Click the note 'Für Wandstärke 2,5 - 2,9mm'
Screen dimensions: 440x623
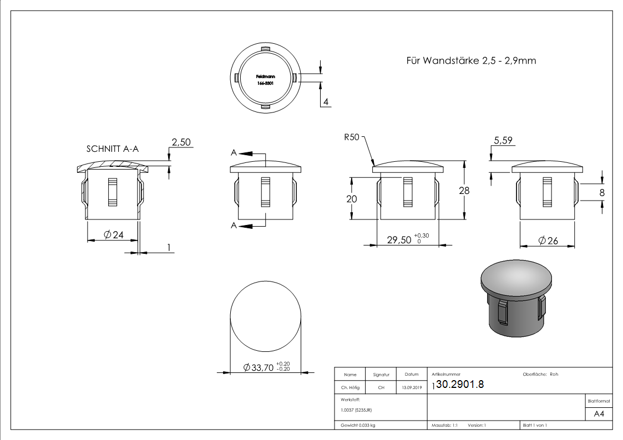pyautogui.click(x=471, y=61)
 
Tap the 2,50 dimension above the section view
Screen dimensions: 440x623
pyautogui.click(x=181, y=142)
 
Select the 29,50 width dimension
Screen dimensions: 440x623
pyautogui.click(x=399, y=239)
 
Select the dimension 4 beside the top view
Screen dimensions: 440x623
pyautogui.click(x=326, y=101)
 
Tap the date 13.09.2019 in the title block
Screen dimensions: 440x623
pyautogui.click(x=411, y=388)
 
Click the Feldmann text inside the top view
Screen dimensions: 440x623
pyautogui.click(x=264, y=76)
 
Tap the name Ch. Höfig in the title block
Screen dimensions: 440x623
pyautogui.click(x=350, y=388)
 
